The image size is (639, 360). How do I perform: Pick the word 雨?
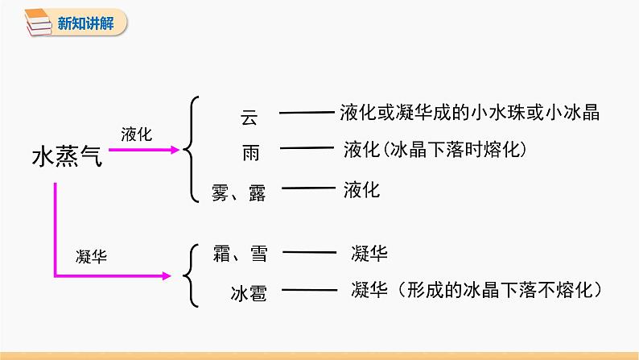click(250, 153)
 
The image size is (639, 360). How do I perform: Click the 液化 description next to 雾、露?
click(361, 189)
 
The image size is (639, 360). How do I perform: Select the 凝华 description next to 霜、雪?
click(369, 253)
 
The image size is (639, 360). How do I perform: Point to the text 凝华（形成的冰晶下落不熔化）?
click(477, 290)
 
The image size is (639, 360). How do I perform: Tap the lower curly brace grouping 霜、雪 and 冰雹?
click(190, 275)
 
